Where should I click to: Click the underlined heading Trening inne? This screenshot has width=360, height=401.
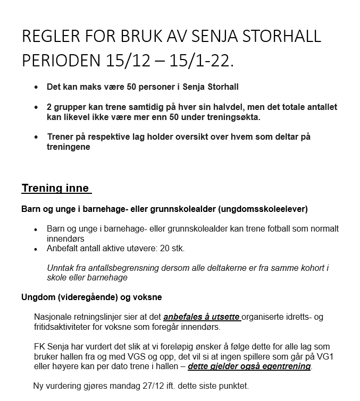(56, 188)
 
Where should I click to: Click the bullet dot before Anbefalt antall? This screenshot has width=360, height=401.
(36, 249)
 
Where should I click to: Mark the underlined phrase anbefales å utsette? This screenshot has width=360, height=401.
(202, 317)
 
